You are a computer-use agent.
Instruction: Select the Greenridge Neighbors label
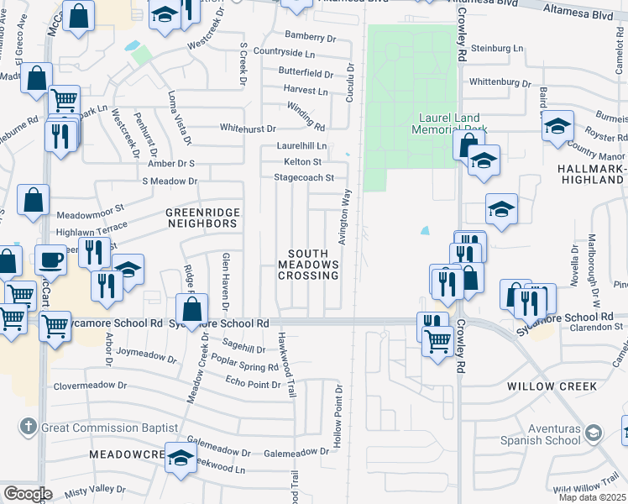pyautogui.click(x=201, y=218)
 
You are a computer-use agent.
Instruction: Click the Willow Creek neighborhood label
pyautogui.click(x=552, y=386)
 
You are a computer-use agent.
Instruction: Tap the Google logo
pyautogui.click(x=28, y=494)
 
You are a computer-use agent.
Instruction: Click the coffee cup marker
pyautogui.click(x=51, y=259)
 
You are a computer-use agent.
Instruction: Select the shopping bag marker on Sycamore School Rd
pyautogui.click(x=192, y=308)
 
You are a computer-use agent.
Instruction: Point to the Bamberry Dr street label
pyautogui.click(x=310, y=35)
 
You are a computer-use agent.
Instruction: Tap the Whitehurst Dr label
pyautogui.click(x=248, y=129)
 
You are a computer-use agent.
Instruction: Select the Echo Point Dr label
pyautogui.click(x=253, y=383)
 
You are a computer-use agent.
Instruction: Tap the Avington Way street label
pyautogui.click(x=343, y=217)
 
